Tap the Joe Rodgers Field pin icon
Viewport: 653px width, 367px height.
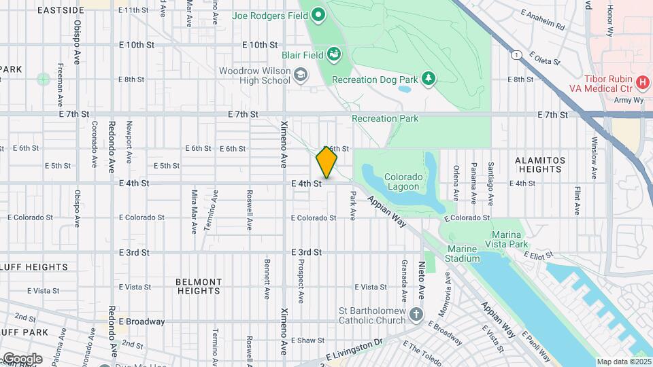pos(318,14)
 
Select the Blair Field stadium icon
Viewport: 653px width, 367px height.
pos(333,53)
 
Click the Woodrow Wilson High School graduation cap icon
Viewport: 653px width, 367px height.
pos(300,75)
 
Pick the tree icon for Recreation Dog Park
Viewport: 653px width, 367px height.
pos(428,80)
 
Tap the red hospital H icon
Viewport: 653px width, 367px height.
pos(642,82)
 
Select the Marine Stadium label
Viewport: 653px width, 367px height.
pos(462,253)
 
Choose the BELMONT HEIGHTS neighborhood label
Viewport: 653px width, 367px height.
pos(199,285)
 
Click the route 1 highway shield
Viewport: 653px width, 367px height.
pos(518,54)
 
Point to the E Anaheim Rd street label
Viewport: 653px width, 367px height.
pos(543,20)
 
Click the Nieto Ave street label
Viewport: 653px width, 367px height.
pos(422,275)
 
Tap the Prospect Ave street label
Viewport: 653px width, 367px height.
pos(300,280)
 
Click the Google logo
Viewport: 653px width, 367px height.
pos(22,358)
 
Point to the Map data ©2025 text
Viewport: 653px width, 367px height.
pos(624,362)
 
